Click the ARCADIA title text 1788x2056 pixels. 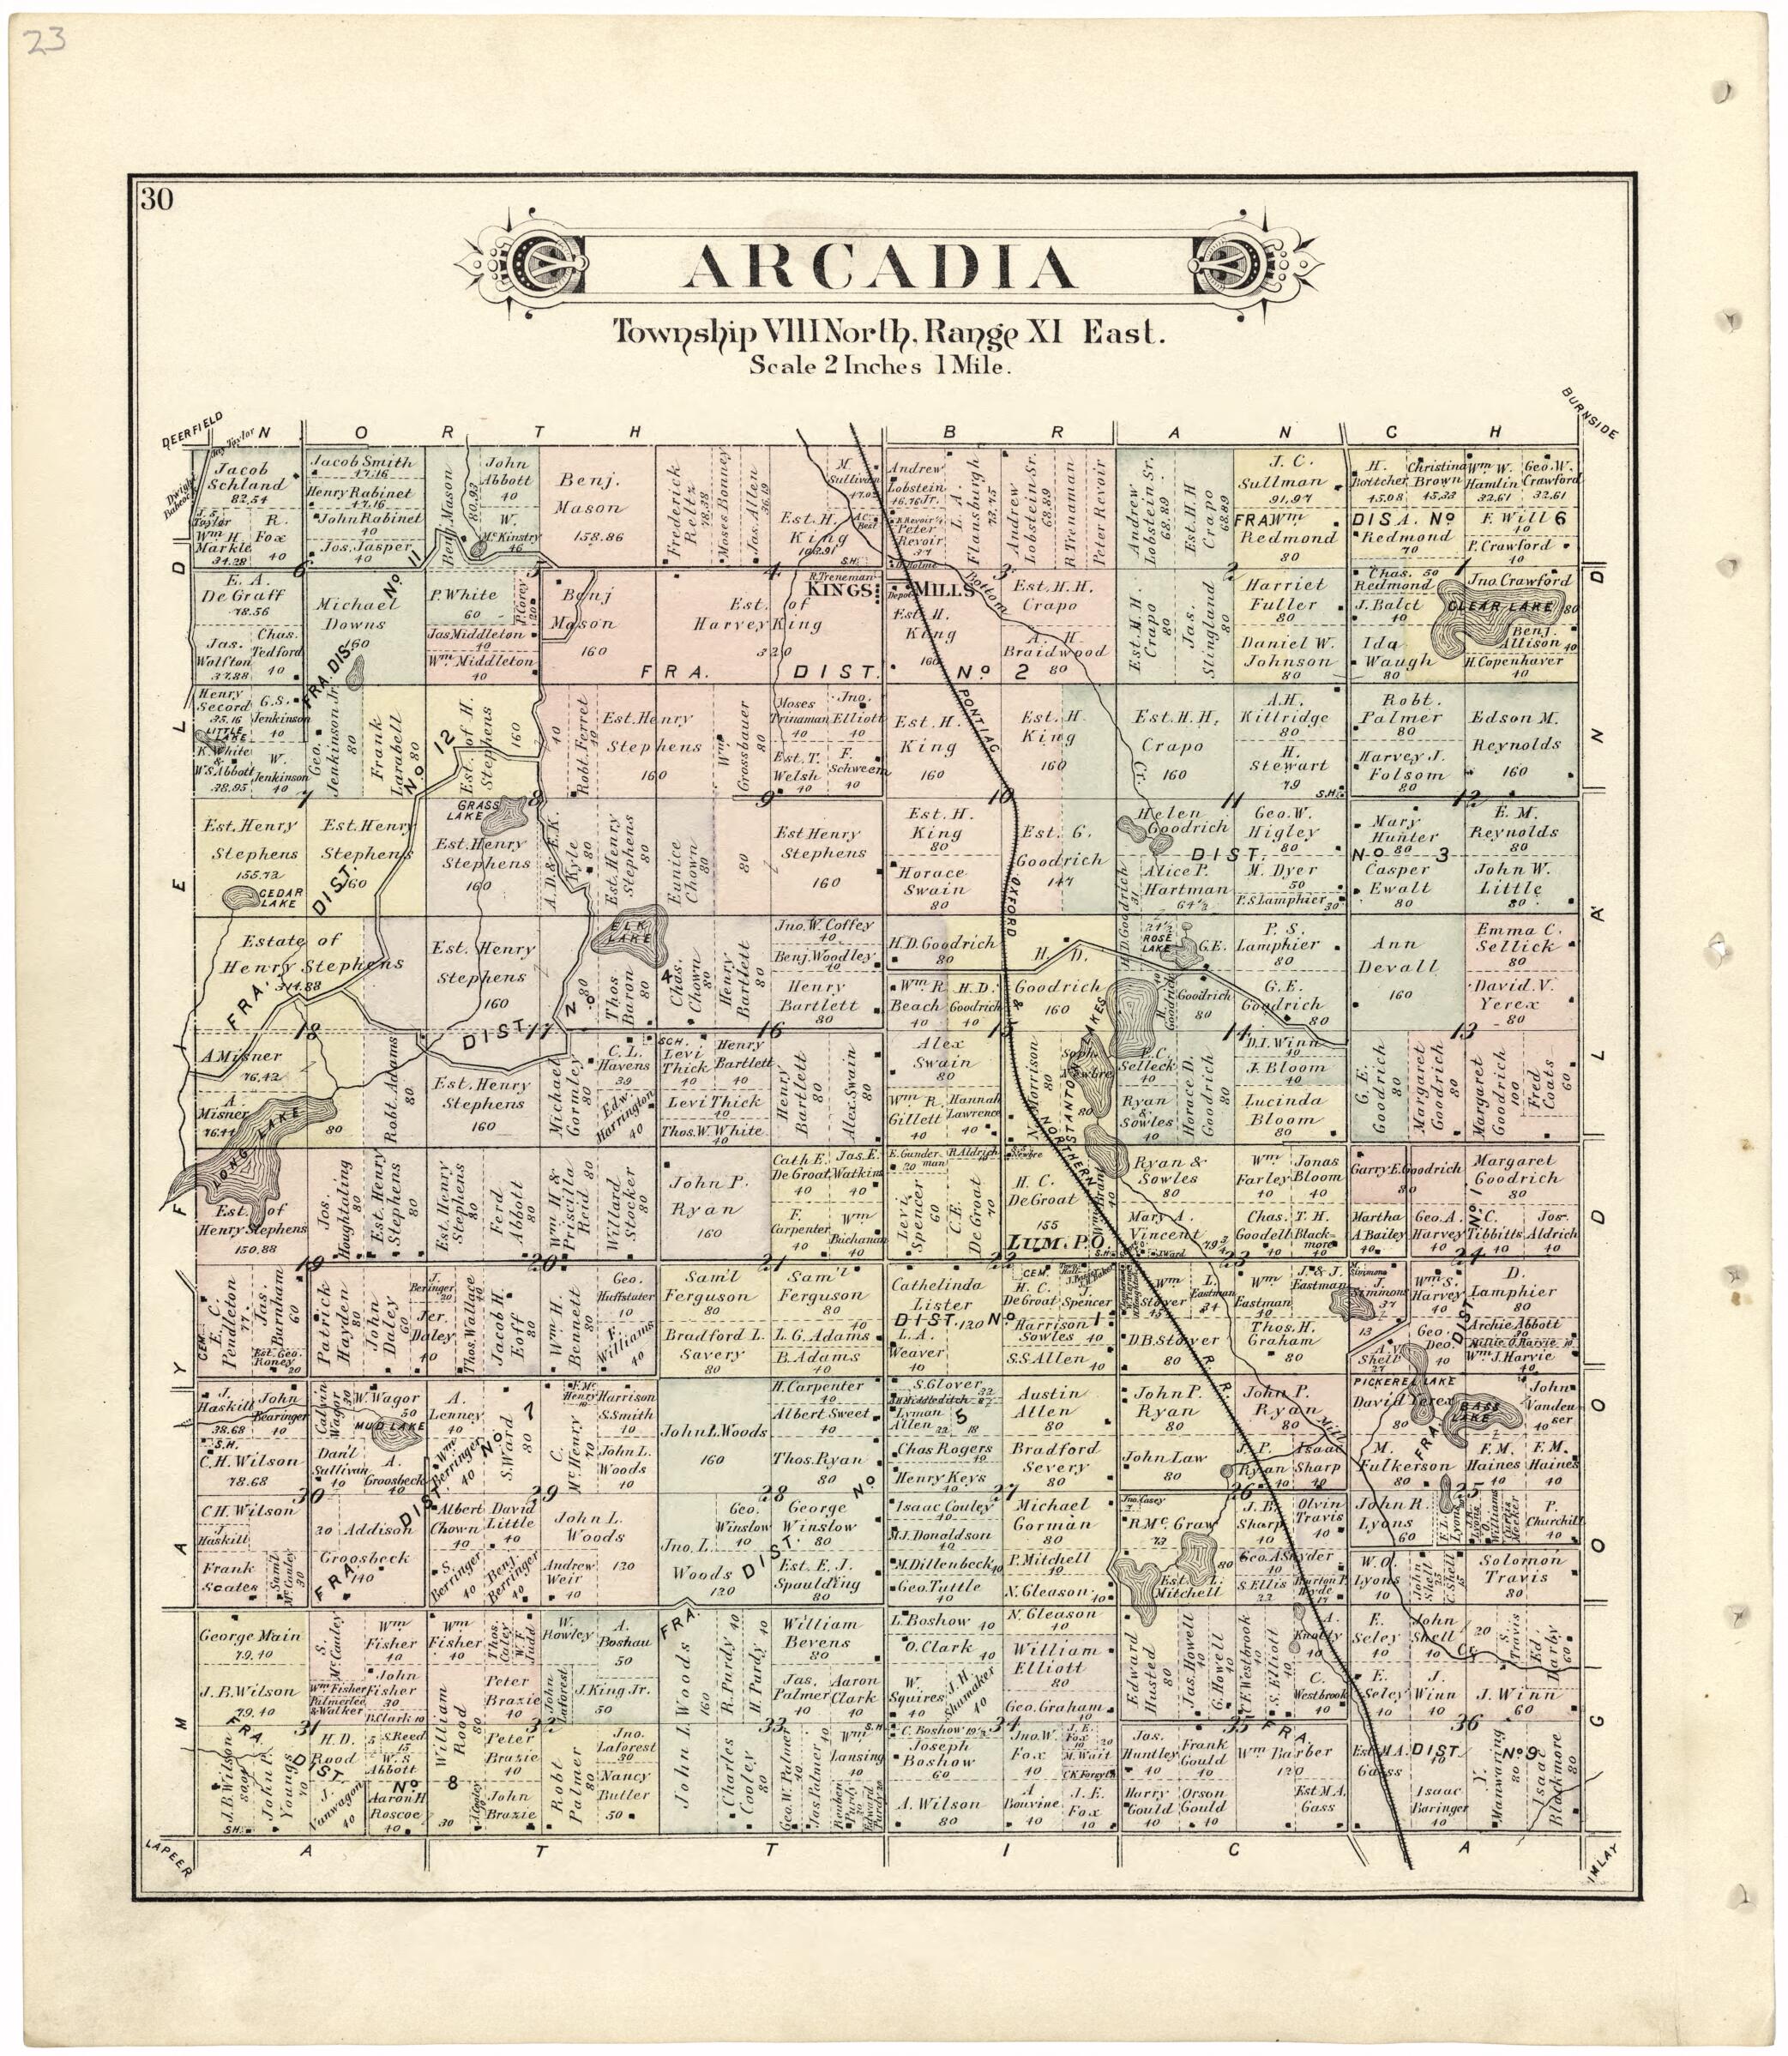click(882, 268)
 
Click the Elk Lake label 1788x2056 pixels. click(636, 928)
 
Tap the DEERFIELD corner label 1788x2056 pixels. click(193, 431)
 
